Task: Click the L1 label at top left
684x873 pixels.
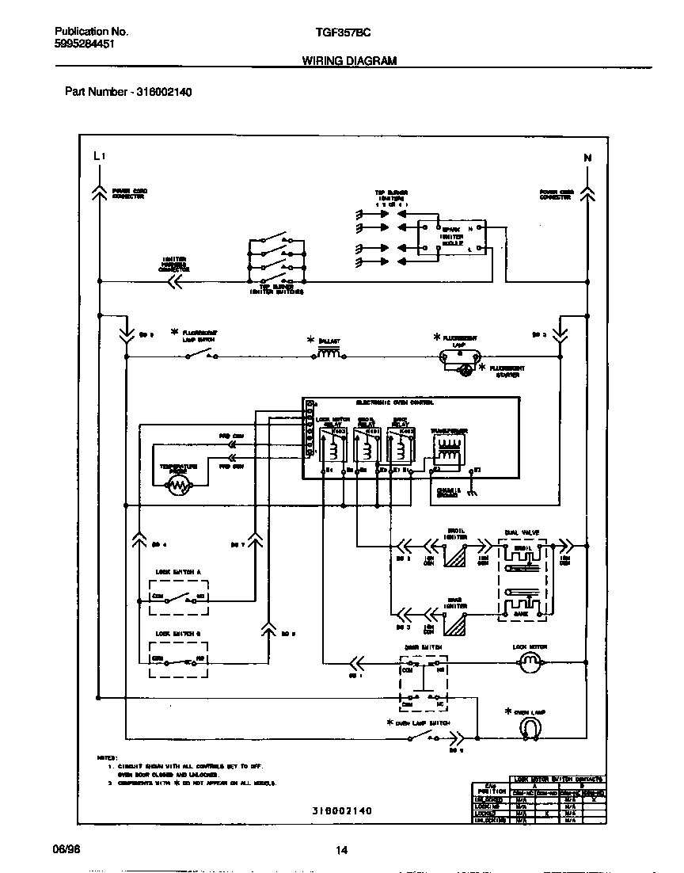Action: coord(98,156)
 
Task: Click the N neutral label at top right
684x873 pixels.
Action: coord(587,157)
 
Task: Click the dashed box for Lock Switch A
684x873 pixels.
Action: coord(178,597)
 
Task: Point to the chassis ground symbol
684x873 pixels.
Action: coord(472,492)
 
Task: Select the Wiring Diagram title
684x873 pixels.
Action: coord(349,60)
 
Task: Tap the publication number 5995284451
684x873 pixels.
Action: coord(86,44)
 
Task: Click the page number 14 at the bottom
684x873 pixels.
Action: coord(341,850)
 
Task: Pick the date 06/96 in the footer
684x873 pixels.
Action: coord(67,848)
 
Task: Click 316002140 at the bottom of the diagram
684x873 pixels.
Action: coord(341,811)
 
